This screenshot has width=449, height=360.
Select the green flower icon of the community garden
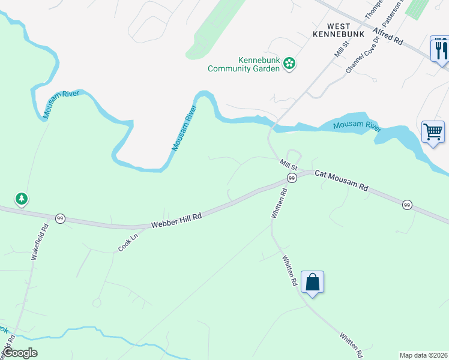click(289, 63)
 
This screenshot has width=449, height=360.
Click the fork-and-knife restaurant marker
click(440, 49)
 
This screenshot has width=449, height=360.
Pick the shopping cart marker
click(433, 131)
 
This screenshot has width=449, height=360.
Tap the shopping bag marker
click(313, 282)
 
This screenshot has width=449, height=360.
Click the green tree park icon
click(22, 198)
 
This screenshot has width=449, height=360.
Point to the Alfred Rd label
click(388, 37)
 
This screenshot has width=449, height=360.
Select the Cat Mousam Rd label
click(341, 179)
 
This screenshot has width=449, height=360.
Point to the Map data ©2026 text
click(423, 355)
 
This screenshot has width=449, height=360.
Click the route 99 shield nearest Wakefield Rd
click(60, 219)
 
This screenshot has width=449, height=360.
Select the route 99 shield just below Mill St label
click(292, 178)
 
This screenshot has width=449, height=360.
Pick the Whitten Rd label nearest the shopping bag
click(291, 271)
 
